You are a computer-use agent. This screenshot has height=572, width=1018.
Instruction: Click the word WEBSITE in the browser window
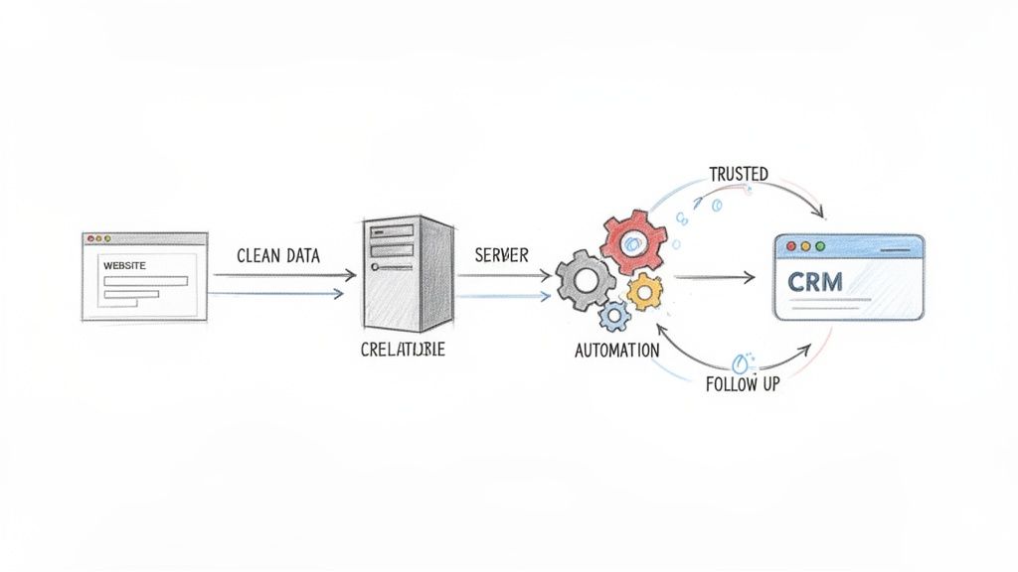(125, 265)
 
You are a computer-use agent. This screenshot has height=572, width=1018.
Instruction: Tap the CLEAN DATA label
(278, 255)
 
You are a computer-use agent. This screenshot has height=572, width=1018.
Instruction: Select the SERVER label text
(502, 255)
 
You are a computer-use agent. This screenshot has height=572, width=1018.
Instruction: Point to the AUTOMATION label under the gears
(616, 351)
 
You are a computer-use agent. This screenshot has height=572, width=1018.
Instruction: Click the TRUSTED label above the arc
(739, 174)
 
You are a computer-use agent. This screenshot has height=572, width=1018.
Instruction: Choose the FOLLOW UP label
(743, 384)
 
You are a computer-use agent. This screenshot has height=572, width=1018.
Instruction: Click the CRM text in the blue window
(814, 281)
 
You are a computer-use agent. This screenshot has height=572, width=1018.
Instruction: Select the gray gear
(585, 279)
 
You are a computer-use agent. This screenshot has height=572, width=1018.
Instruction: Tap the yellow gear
(645, 290)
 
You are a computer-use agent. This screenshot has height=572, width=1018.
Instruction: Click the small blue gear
(614, 316)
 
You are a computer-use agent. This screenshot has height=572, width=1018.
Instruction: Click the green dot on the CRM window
(820, 245)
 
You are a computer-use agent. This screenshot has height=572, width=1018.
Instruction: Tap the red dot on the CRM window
(791, 245)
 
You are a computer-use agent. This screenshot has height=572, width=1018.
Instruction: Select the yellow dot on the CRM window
(805, 245)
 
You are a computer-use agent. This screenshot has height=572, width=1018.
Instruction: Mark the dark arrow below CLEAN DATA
(283, 275)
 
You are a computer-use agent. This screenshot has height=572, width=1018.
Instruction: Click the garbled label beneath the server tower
(404, 351)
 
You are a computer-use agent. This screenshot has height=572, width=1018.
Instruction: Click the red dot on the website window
(88, 238)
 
